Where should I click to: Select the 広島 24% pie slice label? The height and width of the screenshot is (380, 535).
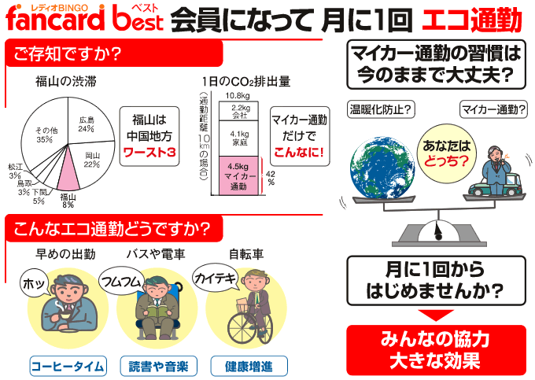(x=86, y=124)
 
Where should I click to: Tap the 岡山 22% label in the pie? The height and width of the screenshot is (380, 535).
(x=92, y=160)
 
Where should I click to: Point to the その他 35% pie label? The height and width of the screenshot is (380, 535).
(x=46, y=135)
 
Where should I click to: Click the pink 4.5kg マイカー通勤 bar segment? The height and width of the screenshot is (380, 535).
(x=238, y=175)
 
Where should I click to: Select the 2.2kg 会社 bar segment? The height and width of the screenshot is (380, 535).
(x=239, y=111)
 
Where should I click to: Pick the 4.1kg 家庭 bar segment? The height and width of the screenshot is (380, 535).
(x=239, y=138)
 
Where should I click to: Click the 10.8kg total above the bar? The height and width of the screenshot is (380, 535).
(x=238, y=95)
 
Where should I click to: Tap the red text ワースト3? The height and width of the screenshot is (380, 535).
(x=149, y=152)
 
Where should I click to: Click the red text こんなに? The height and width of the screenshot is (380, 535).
(x=299, y=152)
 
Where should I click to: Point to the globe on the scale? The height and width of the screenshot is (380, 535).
(x=382, y=167)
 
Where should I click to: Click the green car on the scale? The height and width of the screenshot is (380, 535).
(x=495, y=186)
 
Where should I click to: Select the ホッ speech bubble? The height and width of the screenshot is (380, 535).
(x=35, y=283)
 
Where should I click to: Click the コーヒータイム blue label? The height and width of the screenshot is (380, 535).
(x=68, y=367)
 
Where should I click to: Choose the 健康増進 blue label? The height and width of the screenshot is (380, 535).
(x=249, y=367)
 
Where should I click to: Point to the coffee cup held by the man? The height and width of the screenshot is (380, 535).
(x=64, y=315)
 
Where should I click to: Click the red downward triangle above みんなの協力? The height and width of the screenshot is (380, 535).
(x=436, y=315)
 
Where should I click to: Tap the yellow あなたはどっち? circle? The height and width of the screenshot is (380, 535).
(x=447, y=153)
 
